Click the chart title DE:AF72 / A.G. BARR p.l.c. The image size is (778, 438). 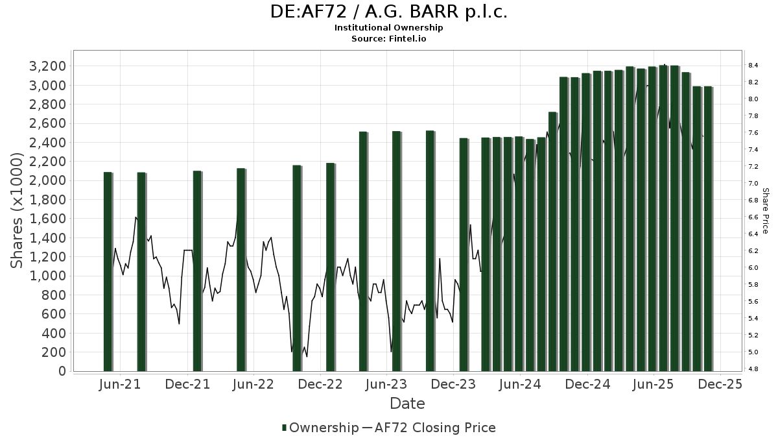coord(389,12)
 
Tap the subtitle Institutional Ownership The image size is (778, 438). coord(389,28)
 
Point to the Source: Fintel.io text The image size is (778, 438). coord(389,38)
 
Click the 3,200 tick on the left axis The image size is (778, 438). coord(47,66)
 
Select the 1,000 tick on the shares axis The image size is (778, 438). coord(47,276)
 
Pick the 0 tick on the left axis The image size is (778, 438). coord(62,371)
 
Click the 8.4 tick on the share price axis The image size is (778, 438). coord(753,66)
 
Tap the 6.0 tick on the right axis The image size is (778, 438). coord(753,268)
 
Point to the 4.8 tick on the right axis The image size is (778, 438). coord(753,369)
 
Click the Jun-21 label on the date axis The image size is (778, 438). coord(121,385)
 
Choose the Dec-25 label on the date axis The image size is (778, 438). coord(720,385)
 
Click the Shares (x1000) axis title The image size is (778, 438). coord(17,211)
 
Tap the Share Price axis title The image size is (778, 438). coord(765,211)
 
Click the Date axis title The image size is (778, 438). coord(407,404)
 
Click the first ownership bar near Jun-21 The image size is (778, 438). coord(108,273)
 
